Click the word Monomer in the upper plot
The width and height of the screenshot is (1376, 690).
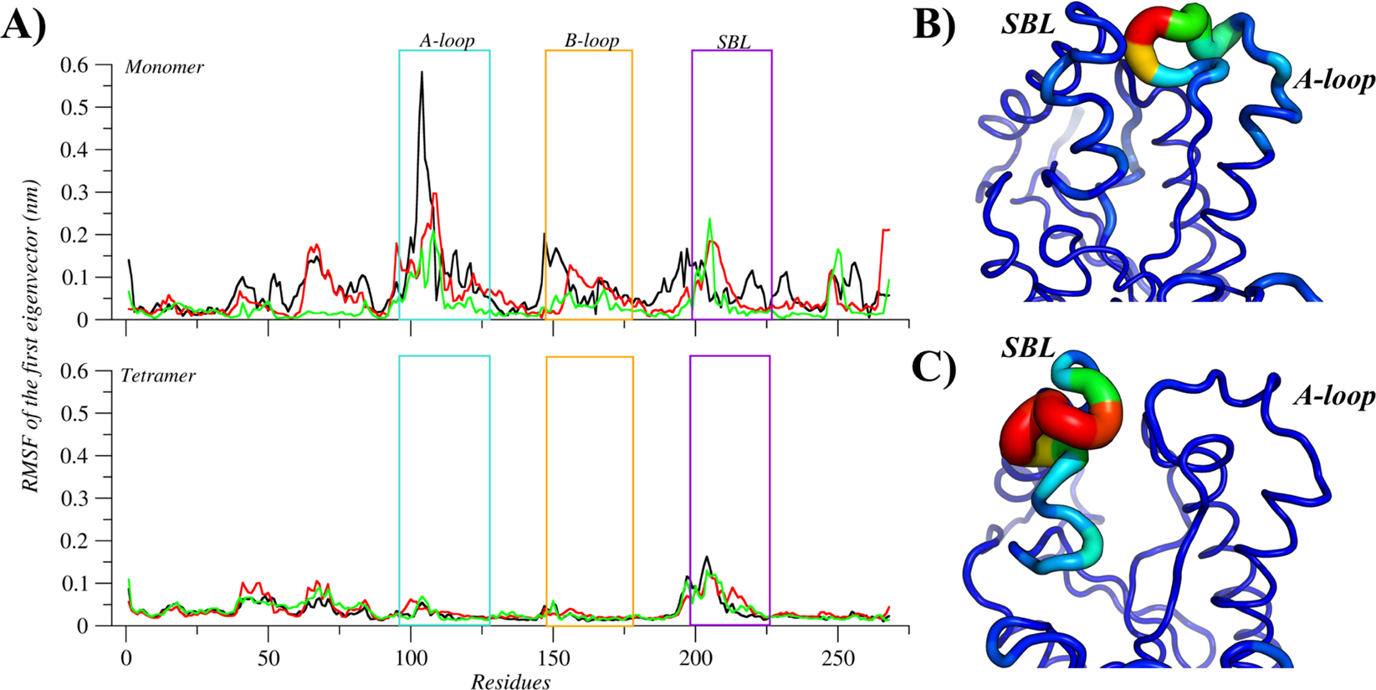point(164,68)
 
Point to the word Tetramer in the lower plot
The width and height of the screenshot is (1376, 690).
point(158,376)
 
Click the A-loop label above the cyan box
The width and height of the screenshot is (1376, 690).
point(447,40)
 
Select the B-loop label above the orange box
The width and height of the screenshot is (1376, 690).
point(591,40)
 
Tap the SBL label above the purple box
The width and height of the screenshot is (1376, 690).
point(734,42)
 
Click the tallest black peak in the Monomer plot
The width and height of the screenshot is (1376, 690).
point(422,74)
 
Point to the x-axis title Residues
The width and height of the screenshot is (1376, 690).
point(510,682)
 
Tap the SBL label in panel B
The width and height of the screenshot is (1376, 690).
point(1029,24)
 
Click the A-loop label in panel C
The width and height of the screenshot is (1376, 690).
point(1334,396)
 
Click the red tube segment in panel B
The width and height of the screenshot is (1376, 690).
point(1146,33)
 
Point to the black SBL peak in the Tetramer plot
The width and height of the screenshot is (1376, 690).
point(708,558)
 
